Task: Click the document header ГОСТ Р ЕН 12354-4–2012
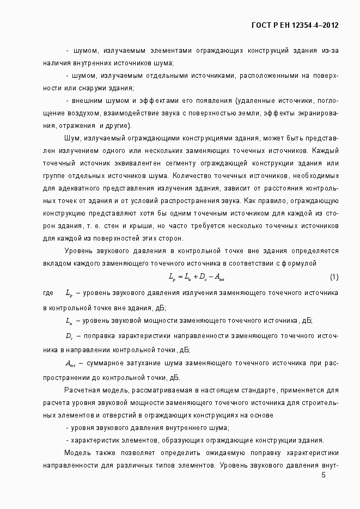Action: click(x=295, y=25)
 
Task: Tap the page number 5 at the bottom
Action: click(x=324, y=475)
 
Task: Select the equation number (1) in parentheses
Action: click(x=334, y=278)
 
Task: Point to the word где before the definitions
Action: click(x=48, y=293)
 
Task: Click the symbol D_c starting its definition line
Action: click(x=69, y=335)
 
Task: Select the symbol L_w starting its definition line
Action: click(x=69, y=321)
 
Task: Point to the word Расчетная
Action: click(x=82, y=391)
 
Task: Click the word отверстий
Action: click(x=122, y=415)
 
